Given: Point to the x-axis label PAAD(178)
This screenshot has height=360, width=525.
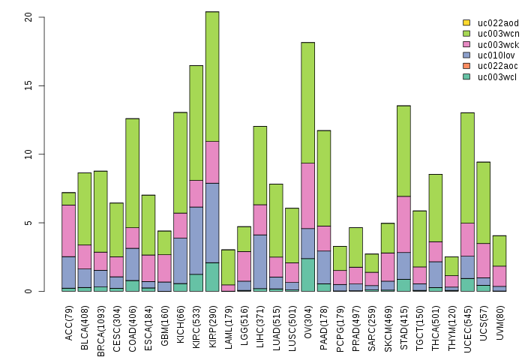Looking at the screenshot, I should point(325,324).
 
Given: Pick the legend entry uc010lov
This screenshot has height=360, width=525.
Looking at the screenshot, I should point(496,55).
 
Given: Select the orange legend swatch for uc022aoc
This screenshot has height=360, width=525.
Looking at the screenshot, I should point(466,66).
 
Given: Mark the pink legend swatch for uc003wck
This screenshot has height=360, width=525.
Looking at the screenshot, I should point(466,44).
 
